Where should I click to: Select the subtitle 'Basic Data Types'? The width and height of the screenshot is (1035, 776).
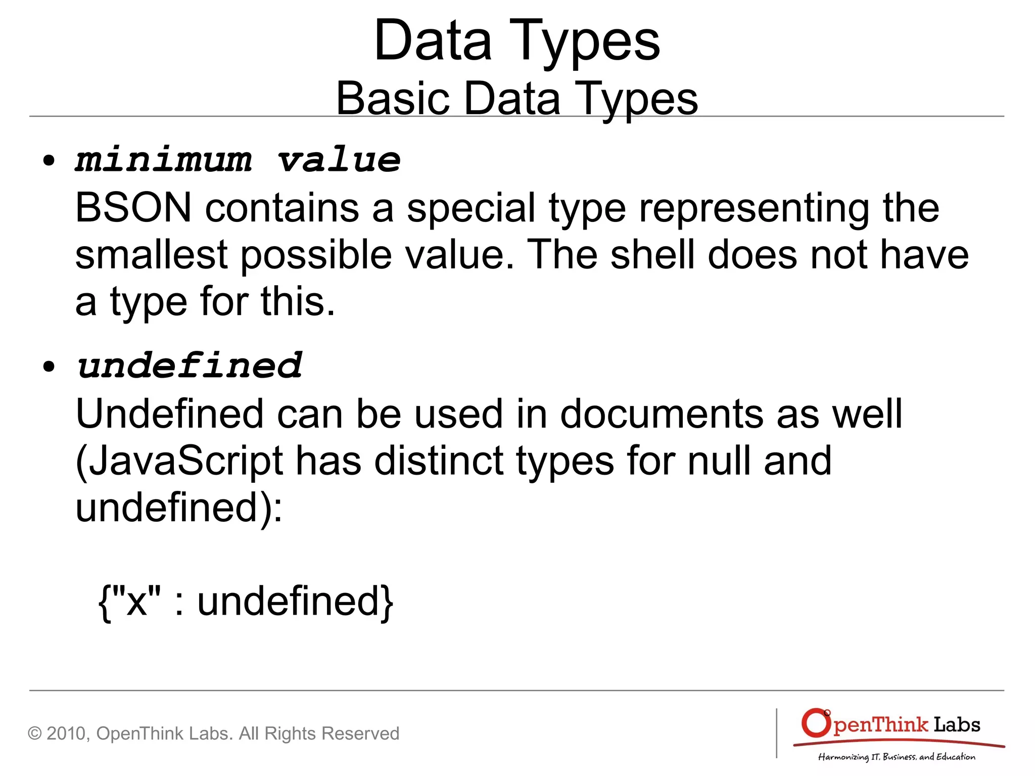click(516, 99)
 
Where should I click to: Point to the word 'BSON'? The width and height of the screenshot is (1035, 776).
click(133, 207)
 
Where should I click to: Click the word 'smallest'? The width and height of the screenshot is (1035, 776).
click(151, 254)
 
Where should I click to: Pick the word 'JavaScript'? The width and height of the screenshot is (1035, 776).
click(179, 461)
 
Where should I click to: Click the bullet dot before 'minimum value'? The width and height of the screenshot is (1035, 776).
click(49, 161)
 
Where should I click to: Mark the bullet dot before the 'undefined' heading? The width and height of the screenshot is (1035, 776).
click(49, 367)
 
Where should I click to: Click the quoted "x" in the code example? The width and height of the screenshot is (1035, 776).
click(136, 601)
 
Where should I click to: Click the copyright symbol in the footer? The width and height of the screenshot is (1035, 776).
click(34, 734)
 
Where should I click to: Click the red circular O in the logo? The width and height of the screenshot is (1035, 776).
click(815, 723)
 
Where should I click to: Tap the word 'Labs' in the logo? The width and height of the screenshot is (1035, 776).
click(956, 724)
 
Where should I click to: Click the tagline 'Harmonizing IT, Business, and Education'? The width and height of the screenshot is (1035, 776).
click(897, 757)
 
